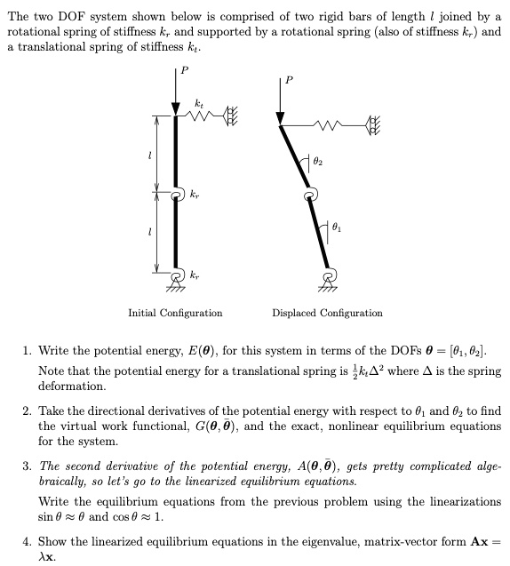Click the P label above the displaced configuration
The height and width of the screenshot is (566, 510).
(x=288, y=80)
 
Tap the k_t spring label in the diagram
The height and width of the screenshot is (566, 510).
(x=200, y=106)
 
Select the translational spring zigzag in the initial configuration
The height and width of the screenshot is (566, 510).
(x=203, y=116)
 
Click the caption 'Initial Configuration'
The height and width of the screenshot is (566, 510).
(x=175, y=314)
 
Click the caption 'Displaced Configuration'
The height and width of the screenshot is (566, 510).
(x=327, y=314)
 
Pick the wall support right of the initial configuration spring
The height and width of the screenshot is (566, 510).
(x=234, y=116)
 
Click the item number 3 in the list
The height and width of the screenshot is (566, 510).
(x=27, y=467)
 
